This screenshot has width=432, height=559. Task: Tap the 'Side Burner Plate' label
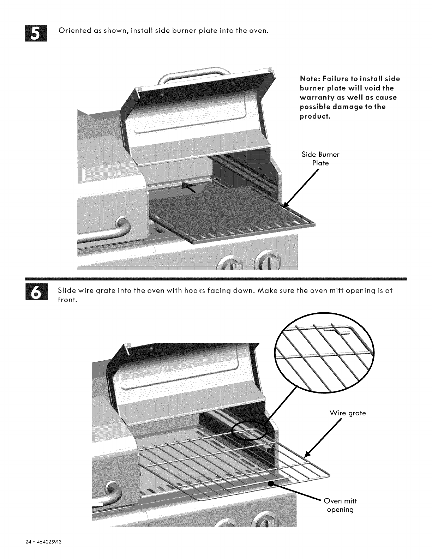pyautogui.click(x=320, y=159)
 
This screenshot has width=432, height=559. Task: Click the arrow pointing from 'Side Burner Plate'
pyautogui.click(x=300, y=189)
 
